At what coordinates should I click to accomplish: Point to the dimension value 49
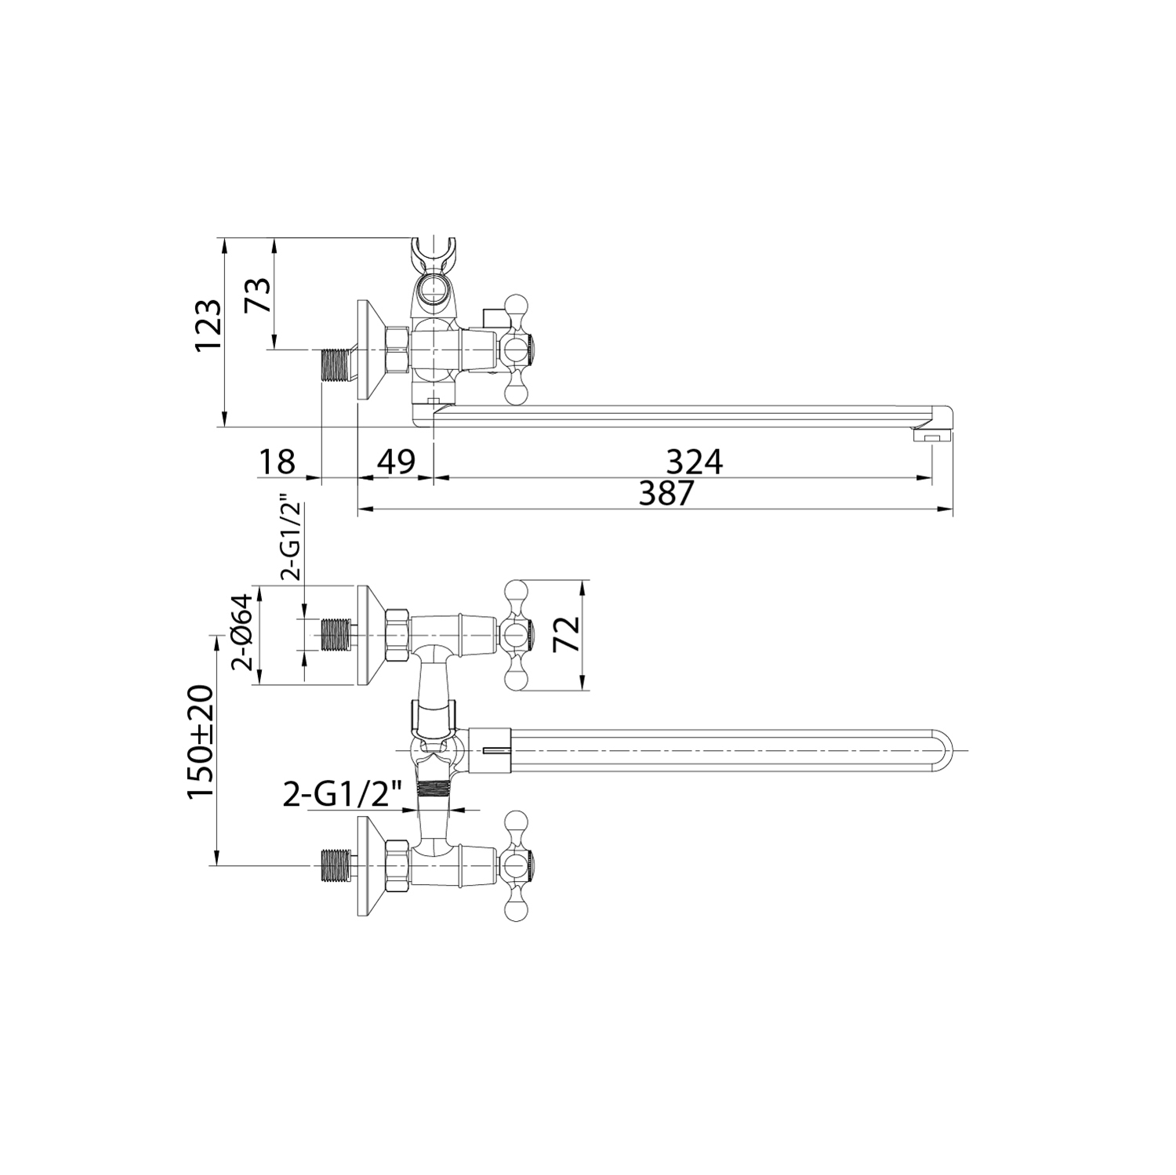[396, 462]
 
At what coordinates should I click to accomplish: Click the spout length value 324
[694, 462]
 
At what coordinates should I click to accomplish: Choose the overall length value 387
[667, 494]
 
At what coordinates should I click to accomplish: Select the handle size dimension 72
[566, 635]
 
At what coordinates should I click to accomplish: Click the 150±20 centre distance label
[200, 741]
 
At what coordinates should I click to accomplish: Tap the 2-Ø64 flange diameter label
[243, 632]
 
